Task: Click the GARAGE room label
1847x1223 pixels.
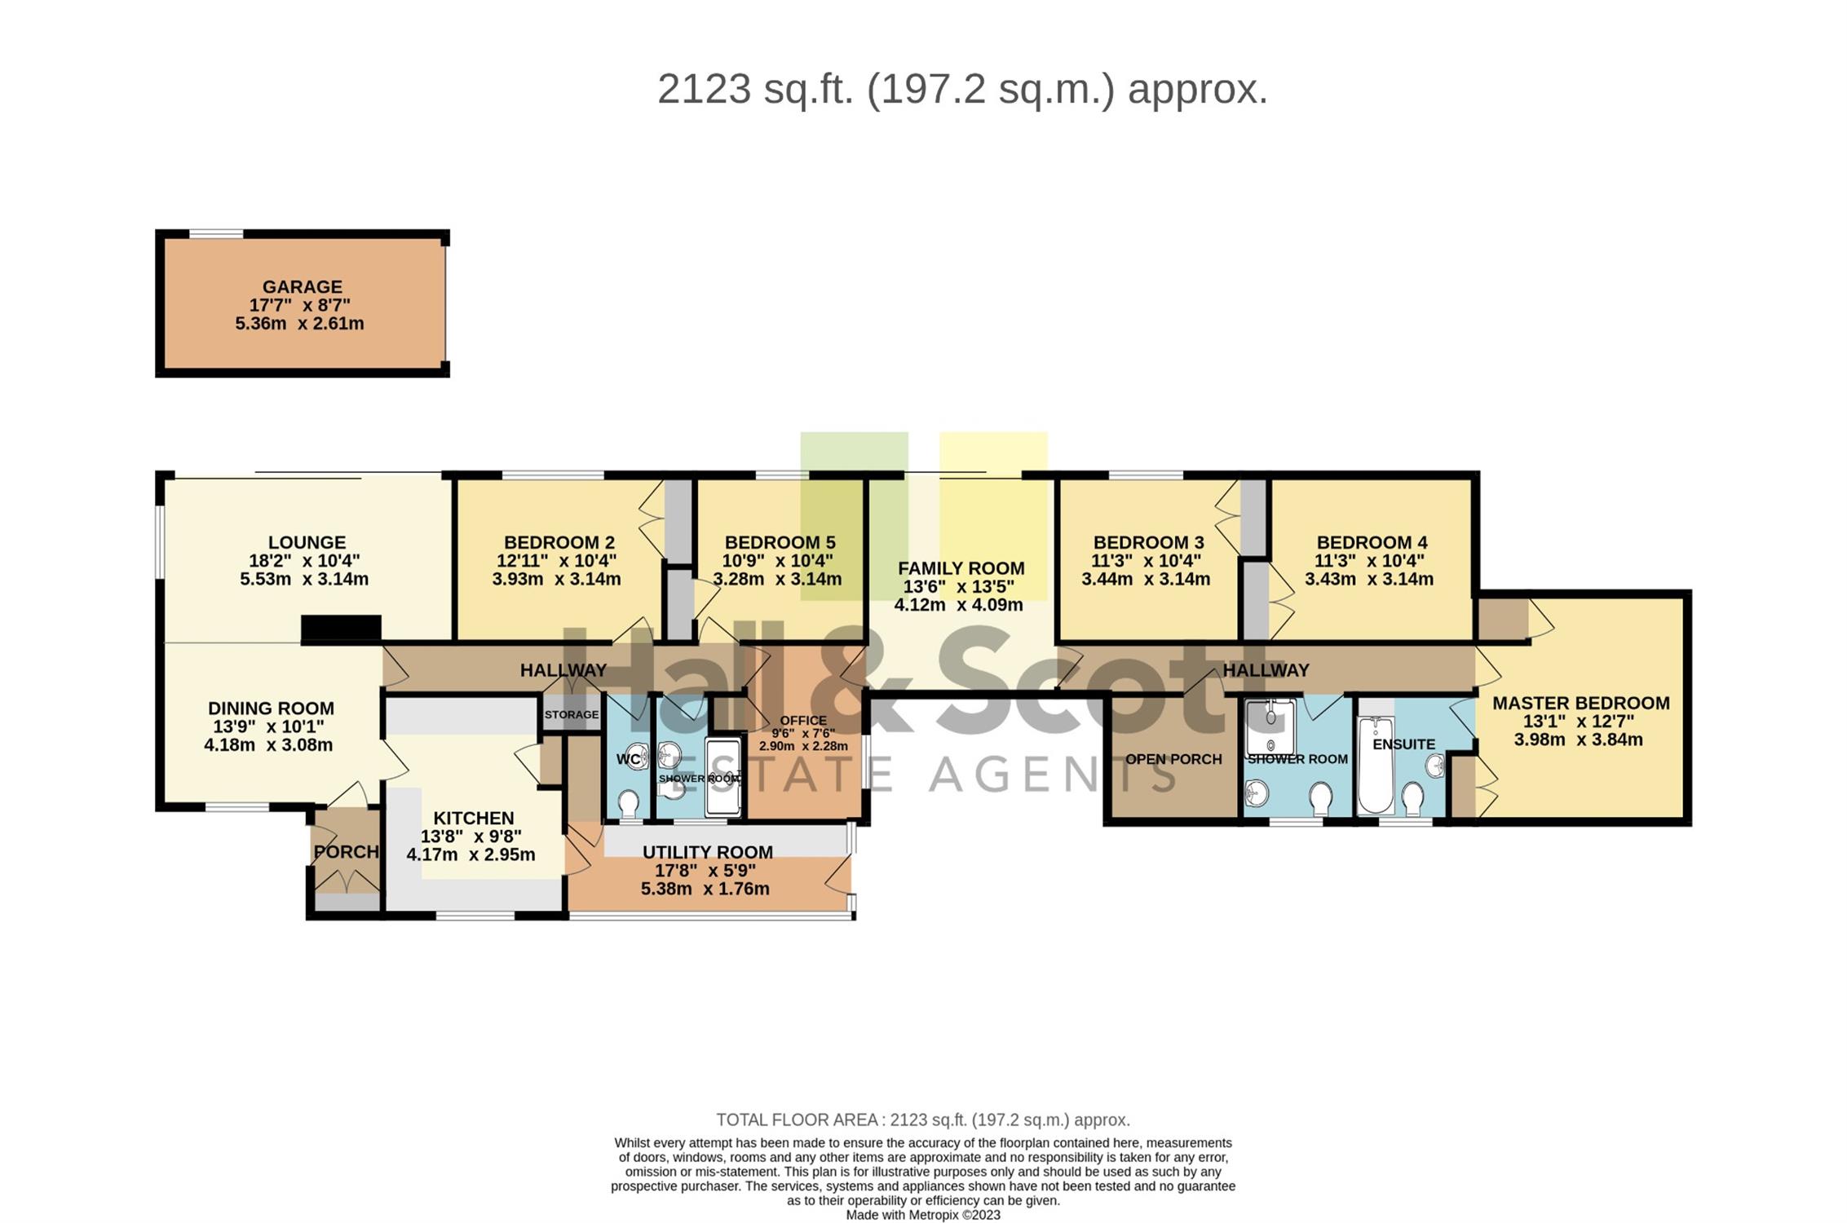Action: tap(302, 287)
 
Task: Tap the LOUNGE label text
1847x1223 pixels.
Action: tap(307, 542)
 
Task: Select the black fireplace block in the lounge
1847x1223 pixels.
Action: tap(341, 629)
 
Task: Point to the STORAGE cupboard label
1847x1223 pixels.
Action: tap(572, 715)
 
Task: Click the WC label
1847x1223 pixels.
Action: tap(628, 760)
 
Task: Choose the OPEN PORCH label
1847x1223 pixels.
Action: tap(1173, 759)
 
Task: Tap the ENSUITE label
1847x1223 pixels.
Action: tap(1403, 744)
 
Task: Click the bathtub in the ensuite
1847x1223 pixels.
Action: tap(1376, 764)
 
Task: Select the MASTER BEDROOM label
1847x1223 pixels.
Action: tap(1581, 703)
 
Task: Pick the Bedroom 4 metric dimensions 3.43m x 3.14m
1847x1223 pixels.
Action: tap(1369, 579)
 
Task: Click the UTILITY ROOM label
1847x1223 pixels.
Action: tap(707, 852)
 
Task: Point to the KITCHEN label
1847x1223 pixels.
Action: tap(473, 818)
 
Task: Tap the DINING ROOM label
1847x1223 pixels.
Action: tap(271, 709)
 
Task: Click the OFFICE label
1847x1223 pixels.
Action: tap(803, 721)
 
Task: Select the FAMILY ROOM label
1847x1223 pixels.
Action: tap(961, 568)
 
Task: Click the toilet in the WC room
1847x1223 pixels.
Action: tap(628, 806)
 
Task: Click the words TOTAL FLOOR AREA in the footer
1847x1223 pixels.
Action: tap(797, 1120)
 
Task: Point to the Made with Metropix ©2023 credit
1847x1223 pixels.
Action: tap(923, 1215)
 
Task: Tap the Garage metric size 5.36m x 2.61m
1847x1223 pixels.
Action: tap(299, 324)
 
